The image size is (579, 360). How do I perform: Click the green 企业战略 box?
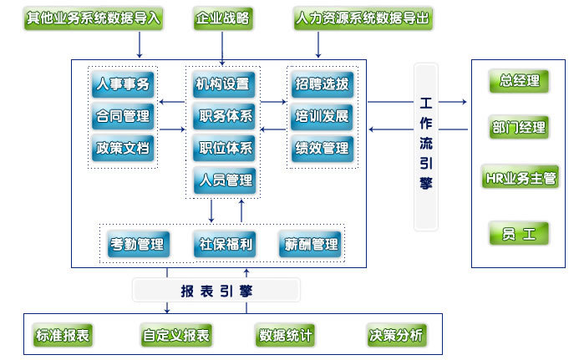tap(222, 18)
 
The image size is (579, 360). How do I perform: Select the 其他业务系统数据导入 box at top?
tap(92, 18)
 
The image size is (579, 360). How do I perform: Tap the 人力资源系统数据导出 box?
tap(363, 18)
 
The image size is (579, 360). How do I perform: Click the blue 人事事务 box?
tap(123, 84)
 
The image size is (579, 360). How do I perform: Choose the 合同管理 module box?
tap(123, 116)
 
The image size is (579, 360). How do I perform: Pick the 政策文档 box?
tap(123, 148)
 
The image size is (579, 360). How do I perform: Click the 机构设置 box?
tap(222, 84)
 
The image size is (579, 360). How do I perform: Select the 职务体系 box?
tap(222, 116)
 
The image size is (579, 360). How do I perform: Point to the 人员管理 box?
tap(222, 180)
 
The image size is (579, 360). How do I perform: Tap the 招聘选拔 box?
tap(322, 84)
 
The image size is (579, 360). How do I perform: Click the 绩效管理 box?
tap(322, 148)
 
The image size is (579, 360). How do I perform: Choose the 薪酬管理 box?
tap(312, 244)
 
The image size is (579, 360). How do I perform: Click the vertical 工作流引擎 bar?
tap(426, 146)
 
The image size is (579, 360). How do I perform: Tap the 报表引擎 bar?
tap(216, 291)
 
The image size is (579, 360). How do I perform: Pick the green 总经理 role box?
tap(519, 82)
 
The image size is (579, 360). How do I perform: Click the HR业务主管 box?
tap(519, 178)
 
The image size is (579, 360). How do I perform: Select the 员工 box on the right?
tap(519, 233)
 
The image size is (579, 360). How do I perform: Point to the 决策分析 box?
tap(396, 336)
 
